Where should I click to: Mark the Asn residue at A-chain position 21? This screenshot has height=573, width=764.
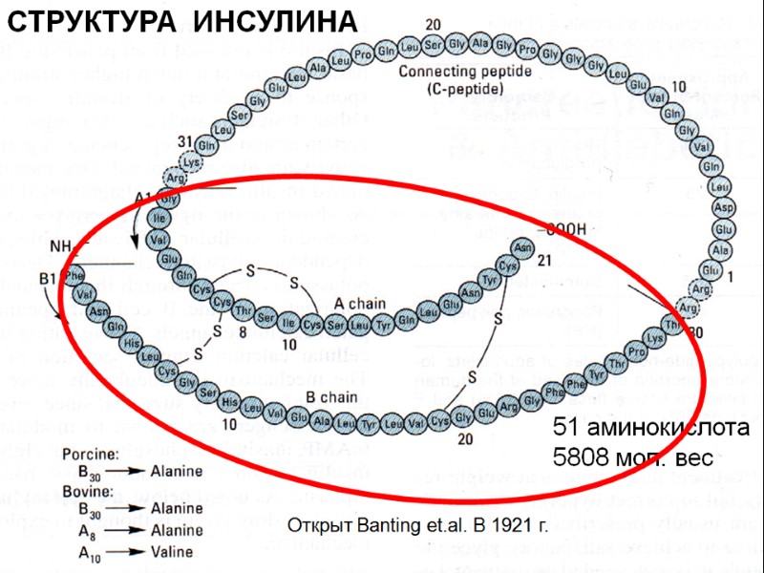[522, 246]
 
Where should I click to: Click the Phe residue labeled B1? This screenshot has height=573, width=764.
[75, 276]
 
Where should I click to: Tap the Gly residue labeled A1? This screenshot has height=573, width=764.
[169, 200]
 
